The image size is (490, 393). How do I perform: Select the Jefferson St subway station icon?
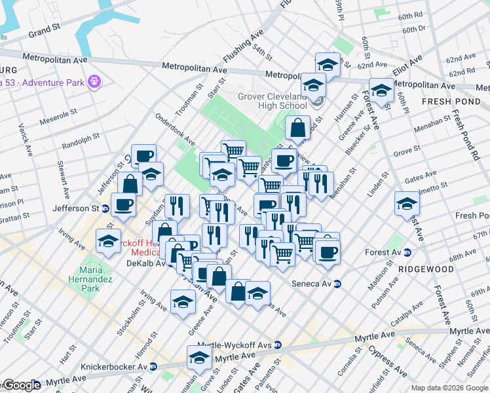coord(105,208)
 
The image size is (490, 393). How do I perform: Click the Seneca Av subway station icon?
coord(338,284)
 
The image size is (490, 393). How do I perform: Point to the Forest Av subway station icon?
coord(407,252)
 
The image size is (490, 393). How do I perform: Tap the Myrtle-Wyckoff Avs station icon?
coord(278,345)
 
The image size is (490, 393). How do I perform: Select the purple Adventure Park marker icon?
coord(96,81)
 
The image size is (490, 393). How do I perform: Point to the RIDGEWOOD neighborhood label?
coord(426,269)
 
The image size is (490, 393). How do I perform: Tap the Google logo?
coord(22,385)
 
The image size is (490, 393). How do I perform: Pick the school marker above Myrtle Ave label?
coord(199,358)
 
